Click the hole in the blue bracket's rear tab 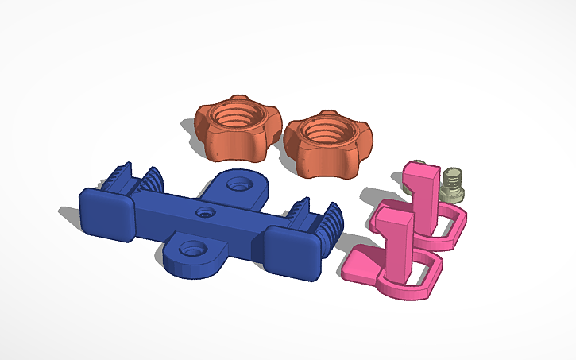[x=237, y=184]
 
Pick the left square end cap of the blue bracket [x=105, y=215]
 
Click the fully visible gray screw [x=452, y=184]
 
